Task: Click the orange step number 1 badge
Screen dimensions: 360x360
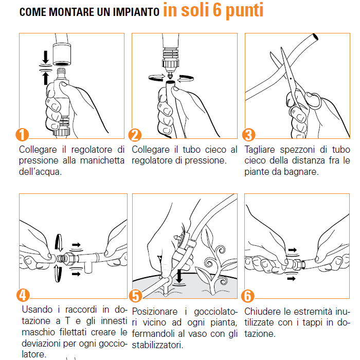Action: [22, 135]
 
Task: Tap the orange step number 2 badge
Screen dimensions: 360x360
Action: [135, 135]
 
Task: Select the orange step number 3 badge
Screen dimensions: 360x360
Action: [248, 135]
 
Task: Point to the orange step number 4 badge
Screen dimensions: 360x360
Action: [23, 295]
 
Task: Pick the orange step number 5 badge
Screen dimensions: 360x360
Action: [135, 296]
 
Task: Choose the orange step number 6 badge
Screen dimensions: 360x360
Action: [248, 296]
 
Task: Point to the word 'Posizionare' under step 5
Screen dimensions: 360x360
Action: [155, 312]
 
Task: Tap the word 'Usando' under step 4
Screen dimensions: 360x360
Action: [37, 310]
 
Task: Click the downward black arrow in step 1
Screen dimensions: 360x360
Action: [46, 57]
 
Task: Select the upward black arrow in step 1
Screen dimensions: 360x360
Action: [46, 79]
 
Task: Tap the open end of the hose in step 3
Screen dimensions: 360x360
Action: [315, 37]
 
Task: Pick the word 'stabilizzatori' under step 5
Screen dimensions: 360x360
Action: [157, 345]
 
